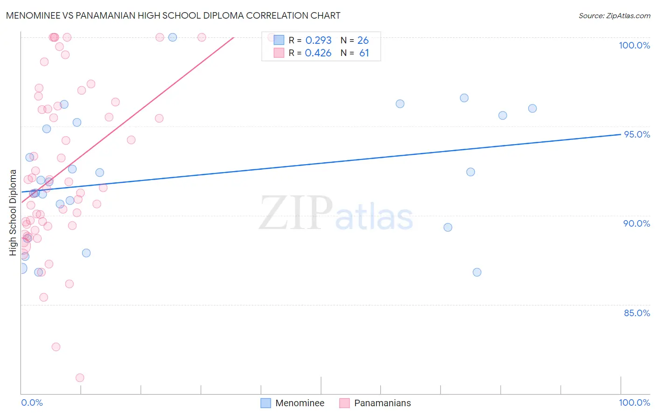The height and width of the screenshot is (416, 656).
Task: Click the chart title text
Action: tap(173, 15)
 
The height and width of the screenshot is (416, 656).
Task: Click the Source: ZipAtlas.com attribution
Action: tap(614, 16)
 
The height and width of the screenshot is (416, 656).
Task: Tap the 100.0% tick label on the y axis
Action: tap(634, 45)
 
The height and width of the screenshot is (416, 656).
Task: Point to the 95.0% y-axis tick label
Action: tap(637, 134)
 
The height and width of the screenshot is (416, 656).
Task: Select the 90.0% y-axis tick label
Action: tap(636, 223)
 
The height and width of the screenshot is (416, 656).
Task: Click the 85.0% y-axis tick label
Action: tap(637, 313)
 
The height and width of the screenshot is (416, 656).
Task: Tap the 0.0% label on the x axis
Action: tap(32, 402)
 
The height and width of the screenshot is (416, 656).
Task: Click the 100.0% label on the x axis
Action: tap(634, 402)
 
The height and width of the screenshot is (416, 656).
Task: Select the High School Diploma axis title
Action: tap(13, 212)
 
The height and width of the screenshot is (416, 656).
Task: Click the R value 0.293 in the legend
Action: tap(318, 41)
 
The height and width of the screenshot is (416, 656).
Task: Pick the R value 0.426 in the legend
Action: tap(318, 53)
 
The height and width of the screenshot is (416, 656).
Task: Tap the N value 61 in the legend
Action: tap(364, 53)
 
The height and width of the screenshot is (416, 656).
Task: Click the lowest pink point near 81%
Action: tap(80, 378)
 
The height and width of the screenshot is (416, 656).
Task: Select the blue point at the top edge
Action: tap(173, 37)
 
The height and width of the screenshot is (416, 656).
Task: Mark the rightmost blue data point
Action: tap(532, 109)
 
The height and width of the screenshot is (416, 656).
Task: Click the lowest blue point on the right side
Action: tap(477, 272)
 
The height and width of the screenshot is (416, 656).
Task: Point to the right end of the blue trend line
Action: tap(621, 134)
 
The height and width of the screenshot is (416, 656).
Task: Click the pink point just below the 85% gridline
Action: tap(56, 347)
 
